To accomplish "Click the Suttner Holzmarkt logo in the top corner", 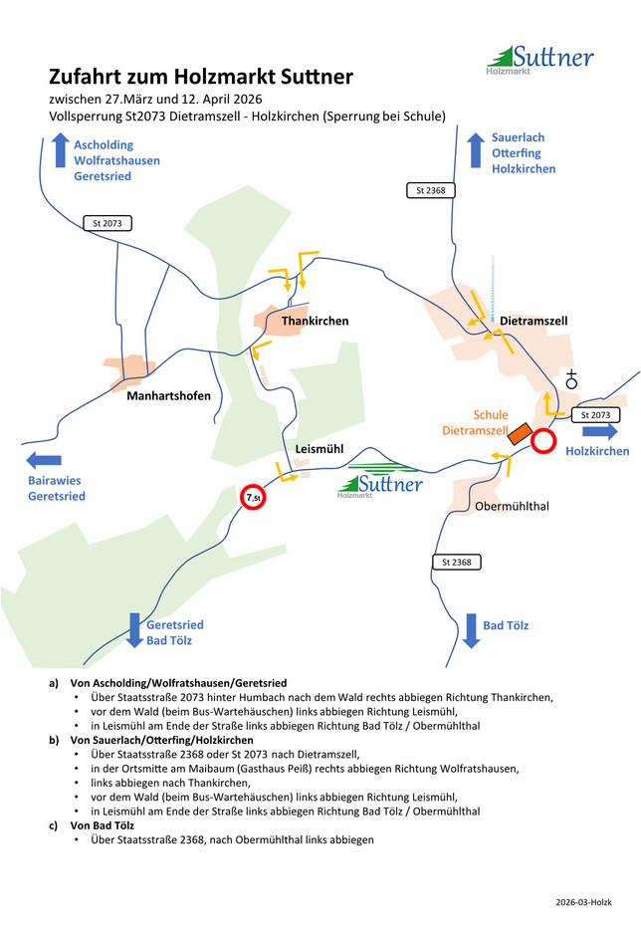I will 539,60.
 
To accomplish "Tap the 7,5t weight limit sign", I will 254,497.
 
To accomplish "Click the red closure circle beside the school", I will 543,441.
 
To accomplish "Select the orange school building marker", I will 519,434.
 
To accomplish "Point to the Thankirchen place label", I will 315,322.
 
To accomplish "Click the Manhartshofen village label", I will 168,396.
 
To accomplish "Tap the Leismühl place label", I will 319,449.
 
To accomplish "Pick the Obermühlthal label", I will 513,506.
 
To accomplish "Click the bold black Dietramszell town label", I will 534,322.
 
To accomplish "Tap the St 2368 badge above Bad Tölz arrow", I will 458,563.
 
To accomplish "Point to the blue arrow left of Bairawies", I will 44,460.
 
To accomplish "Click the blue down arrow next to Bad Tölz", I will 471,630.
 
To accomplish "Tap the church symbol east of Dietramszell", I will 571,378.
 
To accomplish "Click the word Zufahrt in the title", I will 87,77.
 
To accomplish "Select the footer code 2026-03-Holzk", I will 584,902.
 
